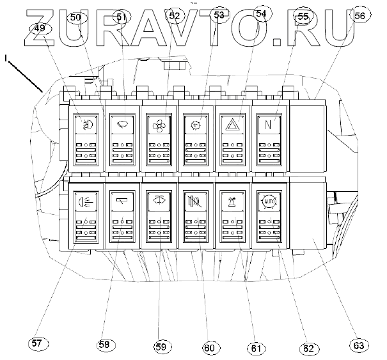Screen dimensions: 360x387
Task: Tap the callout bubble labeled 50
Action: [75, 17]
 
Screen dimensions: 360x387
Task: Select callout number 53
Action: [219, 14]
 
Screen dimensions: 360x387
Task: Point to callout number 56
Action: [360, 16]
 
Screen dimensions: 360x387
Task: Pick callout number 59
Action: [160, 347]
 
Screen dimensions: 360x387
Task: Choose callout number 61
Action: [257, 348]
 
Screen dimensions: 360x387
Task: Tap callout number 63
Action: [359, 345]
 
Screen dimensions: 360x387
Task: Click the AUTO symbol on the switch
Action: [269, 203]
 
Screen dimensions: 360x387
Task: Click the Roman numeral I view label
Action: [6, 58]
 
